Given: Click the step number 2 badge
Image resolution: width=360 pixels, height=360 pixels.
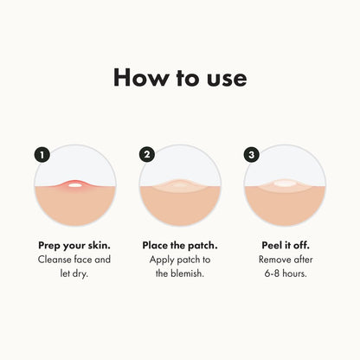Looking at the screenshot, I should (x=147, y=155).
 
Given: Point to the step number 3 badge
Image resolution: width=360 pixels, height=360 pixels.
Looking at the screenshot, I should (x=252, y=155).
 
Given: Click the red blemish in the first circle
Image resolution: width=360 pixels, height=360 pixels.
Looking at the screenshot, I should (x=74, y=183).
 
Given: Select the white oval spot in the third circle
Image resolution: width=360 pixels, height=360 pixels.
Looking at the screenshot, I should (x=285, y=183).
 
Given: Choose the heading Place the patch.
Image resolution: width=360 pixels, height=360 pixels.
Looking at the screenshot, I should (x=179, y=245).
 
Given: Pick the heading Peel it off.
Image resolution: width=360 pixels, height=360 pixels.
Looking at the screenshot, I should (x=285, y=245).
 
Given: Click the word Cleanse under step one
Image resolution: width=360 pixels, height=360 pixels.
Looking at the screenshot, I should (x=57, y=260).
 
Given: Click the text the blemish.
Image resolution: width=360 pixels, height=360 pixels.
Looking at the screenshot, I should (x=179, y=273).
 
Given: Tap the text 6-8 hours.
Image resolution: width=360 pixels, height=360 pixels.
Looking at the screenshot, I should (x=285, y=273).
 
